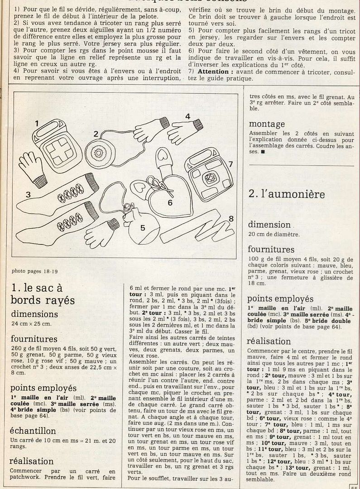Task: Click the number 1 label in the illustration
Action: [37, 123]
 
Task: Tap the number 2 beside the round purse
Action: [96, 134]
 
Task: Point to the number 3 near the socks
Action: [28, 195]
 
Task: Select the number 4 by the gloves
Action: [187, 116]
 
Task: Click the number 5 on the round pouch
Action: [143, 228]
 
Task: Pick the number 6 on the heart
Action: [170, 202]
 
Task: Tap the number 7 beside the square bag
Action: [230, 164]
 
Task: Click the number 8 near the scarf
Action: [230, 219]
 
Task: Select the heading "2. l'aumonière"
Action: [286, 194]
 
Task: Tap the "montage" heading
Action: [267, 124]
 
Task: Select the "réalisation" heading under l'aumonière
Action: [269, 341]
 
